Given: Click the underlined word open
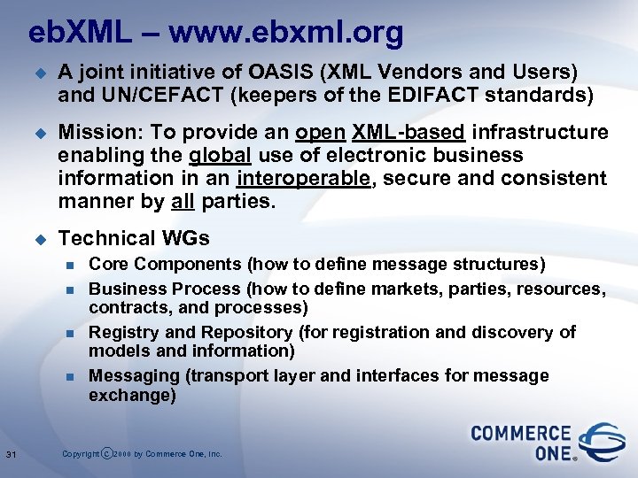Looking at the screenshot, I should pyautogui.click(x=320, y=133).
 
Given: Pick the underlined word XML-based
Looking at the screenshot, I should pyautogui.click(x=408, y=133).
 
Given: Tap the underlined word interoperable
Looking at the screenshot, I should pyautogui.click(x=293, y=179).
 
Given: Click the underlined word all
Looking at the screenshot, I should pyautogui.click(x=182, y=202).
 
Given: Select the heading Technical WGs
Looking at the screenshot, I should pyautogui.click(x=133, y=238).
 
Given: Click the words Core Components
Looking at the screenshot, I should pyautogui.click(x=165, y=264).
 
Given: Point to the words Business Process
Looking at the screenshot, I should pyautogui.click(x=165, y=289).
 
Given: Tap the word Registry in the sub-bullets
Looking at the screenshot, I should pyautogui.click(x=121, y=332).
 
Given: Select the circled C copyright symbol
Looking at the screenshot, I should pyautogui.click(x=108, y=454).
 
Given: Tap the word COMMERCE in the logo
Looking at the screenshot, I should pyautogui.click(x=520, y=434).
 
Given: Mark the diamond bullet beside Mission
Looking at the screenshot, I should pyautogui.click(x=38, y=134).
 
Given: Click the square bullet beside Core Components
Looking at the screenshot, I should pyautogui.click(x=72, y=265).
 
